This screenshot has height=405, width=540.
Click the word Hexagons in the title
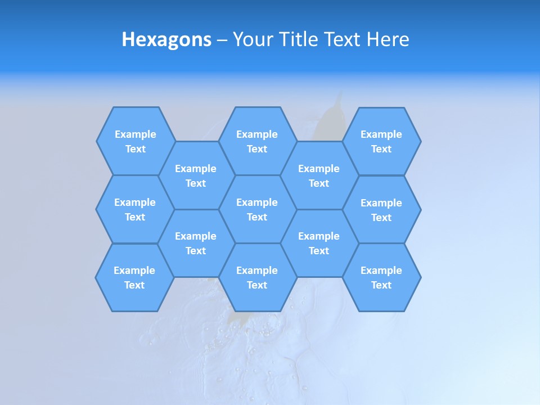[166, 39]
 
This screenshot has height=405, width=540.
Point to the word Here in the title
[388, 39]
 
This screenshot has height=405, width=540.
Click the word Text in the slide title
[342, 39]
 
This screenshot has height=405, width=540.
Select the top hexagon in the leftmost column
[135, 141]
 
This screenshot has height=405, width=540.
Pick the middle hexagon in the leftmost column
[135, 209]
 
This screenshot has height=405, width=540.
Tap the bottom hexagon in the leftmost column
[134, 277]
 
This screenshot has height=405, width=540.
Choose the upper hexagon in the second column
[196, 175]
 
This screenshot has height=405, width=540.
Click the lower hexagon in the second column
[196, 243]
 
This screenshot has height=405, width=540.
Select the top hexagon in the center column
[257, 141]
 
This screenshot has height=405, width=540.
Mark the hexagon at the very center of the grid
[257, 209]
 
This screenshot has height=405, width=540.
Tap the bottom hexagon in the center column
[257, 277]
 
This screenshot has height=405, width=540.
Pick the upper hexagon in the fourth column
[319, 175]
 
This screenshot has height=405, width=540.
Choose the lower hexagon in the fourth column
[319, 243]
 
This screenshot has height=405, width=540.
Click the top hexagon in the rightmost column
[381, 141]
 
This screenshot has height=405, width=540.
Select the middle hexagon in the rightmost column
[381, 210]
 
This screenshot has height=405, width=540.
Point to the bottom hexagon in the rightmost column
[381, 277]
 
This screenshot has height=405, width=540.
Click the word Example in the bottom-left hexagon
[134, 271]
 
